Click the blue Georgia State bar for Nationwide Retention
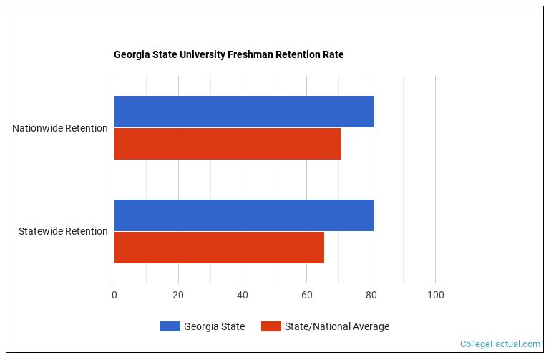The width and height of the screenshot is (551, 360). (x=243, y=112)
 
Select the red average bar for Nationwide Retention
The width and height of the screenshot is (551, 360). (x=227, y=144)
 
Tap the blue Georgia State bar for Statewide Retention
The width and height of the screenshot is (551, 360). (x=243, y=215)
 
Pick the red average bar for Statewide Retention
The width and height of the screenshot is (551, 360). (x=219, y=248)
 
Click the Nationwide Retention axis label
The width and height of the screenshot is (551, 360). (x=60, y=128)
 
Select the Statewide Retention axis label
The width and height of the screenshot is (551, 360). (x=63, y=231)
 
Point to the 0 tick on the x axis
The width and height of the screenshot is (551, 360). (x=114, y=295)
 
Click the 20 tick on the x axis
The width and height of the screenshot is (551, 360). (x=178, y=295)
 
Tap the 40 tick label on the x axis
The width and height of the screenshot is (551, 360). (x=243, y=295)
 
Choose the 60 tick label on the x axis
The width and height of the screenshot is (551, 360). (x=307, y=295)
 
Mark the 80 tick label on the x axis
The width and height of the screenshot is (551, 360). (x=371, y=295)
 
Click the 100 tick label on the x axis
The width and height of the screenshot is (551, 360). (x=435, y=295)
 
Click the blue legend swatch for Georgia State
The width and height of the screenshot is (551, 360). (x=170, y=327)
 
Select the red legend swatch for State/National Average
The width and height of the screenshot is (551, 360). (x=270, y=327)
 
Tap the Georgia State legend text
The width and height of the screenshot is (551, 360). (x=214, y=327)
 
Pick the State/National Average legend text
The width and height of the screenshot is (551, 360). (x=337, y=327)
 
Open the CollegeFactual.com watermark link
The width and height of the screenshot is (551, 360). (x=500, y=344)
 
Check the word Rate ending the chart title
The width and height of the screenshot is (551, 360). (x=333, y=54)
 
